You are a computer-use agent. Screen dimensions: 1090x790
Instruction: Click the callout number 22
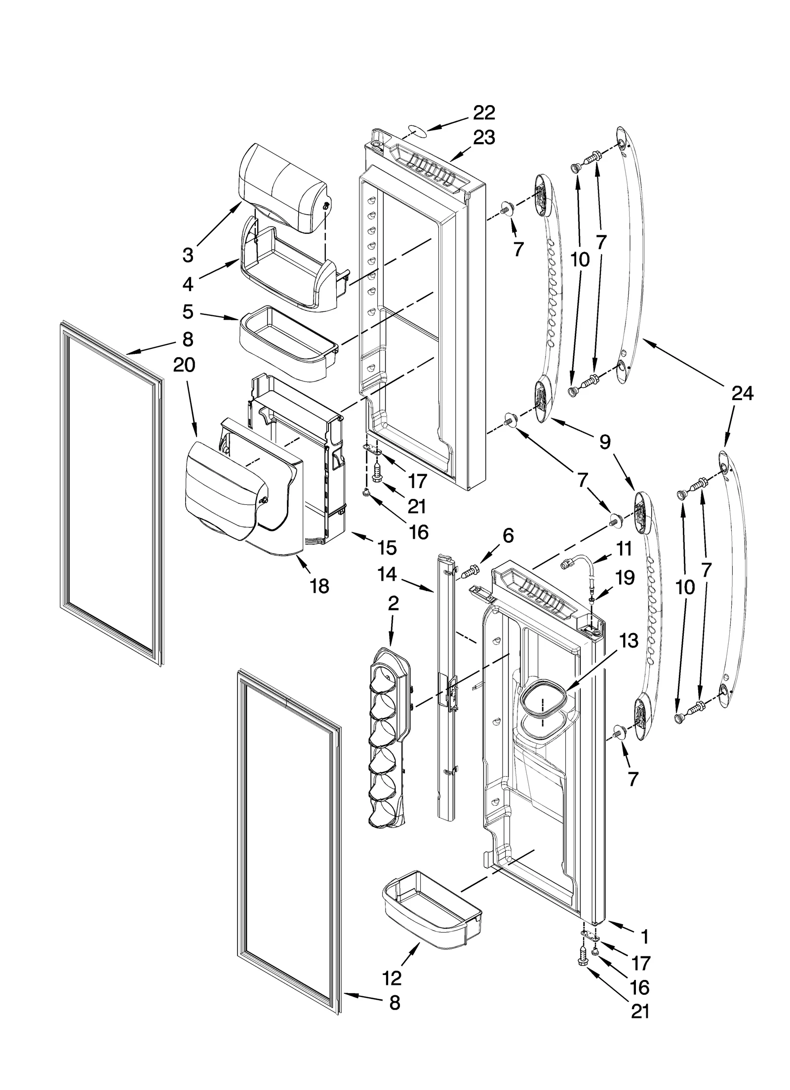(483, 113)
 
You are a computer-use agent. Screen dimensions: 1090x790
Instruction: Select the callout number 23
(483, 138)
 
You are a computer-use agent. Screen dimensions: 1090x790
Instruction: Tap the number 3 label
(188, 255)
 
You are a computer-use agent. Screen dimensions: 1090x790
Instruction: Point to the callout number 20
(184, 365)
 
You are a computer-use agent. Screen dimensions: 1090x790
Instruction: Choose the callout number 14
(393, 574)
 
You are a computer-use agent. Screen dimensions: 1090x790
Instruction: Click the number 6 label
(508, 535)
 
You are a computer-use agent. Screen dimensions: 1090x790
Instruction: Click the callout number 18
(319, 586)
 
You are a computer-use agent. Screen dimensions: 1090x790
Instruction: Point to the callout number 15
(387, 547)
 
